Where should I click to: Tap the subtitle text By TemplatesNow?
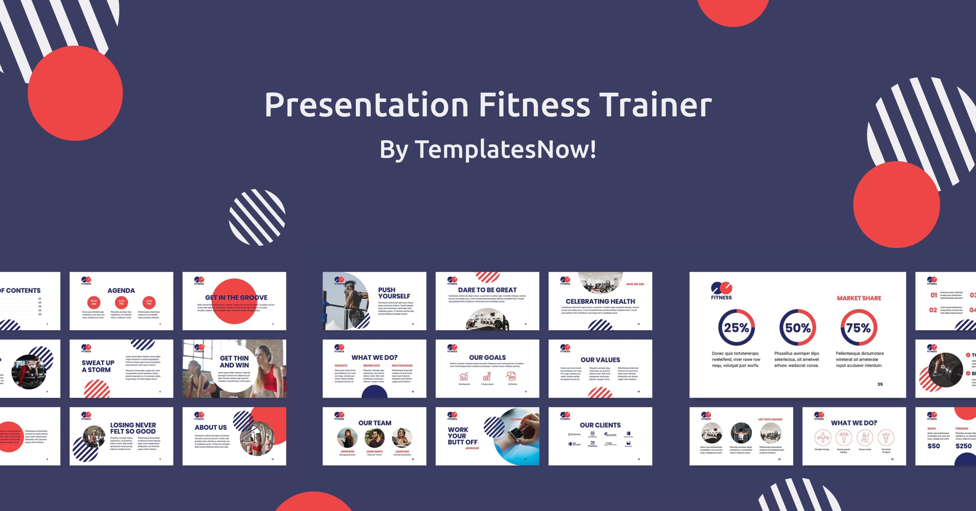[x=488, y=149]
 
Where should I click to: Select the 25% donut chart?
[x=736, y=327]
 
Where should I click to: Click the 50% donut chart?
[x=797, y=327]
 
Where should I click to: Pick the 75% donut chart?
[x=859, y=327]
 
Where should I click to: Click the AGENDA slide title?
[x=121, y=291]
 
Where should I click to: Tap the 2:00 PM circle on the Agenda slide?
[x=121, y=302]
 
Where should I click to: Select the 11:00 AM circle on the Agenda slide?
[x=94, y=302]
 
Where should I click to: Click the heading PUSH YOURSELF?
[x=394, y=293]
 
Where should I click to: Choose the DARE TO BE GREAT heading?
[x=487, y=290]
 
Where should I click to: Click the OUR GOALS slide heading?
[x=487, y=357]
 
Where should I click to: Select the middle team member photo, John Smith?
[x=374, y=437]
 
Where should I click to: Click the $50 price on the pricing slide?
[x=934, y=446]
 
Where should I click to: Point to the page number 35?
[x=880, y=384]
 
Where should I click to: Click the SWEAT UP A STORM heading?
[x=98, y=366]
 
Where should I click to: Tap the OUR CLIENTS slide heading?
[x=600, y=425]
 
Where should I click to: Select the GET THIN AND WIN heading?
[x=234, y=362]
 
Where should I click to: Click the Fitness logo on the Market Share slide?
[x=721, y=291]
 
